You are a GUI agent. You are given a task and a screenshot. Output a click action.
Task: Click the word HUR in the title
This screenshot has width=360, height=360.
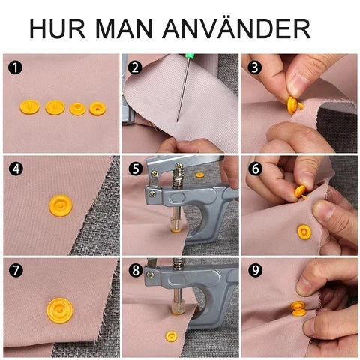(x=58, y=28)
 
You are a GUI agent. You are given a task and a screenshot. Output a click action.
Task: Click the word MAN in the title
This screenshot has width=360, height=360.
(x=124, y=28)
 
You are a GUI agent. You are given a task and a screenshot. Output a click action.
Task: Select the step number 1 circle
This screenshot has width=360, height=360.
(x=15, y=67)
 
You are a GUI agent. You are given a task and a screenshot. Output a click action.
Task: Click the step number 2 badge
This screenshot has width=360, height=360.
(x=135, y=67)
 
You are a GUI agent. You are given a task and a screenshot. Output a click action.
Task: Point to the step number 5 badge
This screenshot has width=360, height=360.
(x=136, y=169)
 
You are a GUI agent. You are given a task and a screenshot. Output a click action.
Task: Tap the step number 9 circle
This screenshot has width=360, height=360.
(x=255, y=270)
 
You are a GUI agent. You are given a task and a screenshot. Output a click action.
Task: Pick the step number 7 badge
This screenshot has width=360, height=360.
(x=16, y=270)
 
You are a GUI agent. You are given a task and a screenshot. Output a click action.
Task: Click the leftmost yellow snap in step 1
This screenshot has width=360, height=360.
(x=29, y=106)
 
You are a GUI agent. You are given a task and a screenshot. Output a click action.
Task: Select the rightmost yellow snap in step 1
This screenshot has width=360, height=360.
(x=97, y=109)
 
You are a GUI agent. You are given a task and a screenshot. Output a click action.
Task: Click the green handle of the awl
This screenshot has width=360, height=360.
(x=190, y=58)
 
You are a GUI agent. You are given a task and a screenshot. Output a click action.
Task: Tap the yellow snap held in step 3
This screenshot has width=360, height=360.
(x=292, y=105)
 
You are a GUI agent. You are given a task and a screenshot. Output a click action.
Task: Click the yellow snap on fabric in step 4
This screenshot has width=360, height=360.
(x=61, y=205)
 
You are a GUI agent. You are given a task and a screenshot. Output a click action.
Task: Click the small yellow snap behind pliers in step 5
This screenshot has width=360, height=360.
(x=199, y=175)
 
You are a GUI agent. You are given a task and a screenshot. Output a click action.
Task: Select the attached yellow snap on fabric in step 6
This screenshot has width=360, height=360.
(x=304, y=232)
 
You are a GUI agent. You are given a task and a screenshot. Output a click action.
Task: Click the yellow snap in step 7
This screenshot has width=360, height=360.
(x=60, y=310)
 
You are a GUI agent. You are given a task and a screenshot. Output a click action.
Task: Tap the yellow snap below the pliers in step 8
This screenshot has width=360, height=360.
(x=172, y=336)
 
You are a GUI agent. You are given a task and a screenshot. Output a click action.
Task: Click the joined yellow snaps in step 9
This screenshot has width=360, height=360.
(x=298, y=308)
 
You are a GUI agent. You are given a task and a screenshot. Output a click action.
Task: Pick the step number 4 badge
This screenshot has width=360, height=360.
(x=16, y=169)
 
